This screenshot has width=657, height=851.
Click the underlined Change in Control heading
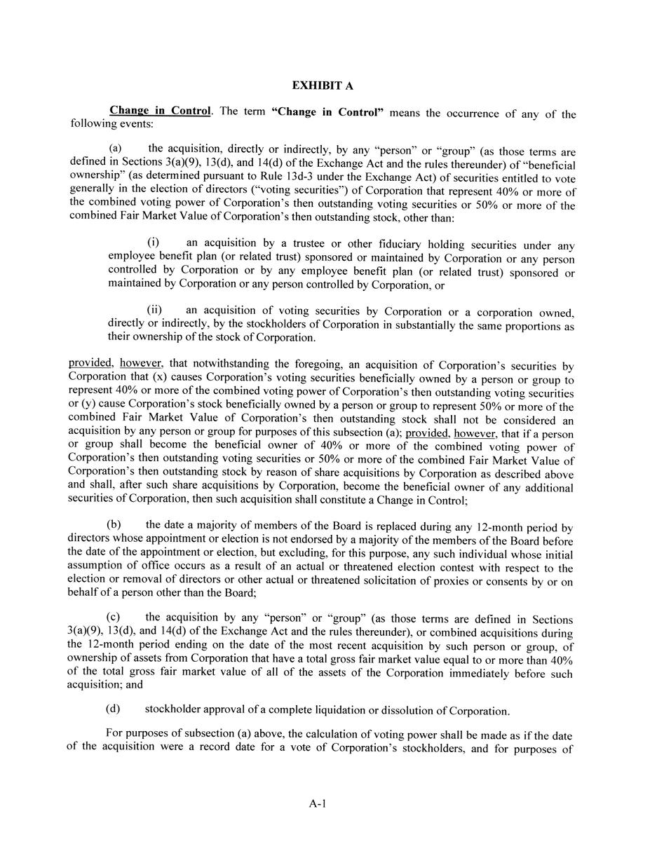click(x=160, y=111)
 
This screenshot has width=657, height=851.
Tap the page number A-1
click(x=318, y=803)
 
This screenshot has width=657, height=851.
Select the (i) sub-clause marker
click(x=153, y=243)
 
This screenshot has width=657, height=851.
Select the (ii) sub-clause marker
click(x=154, y=310)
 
